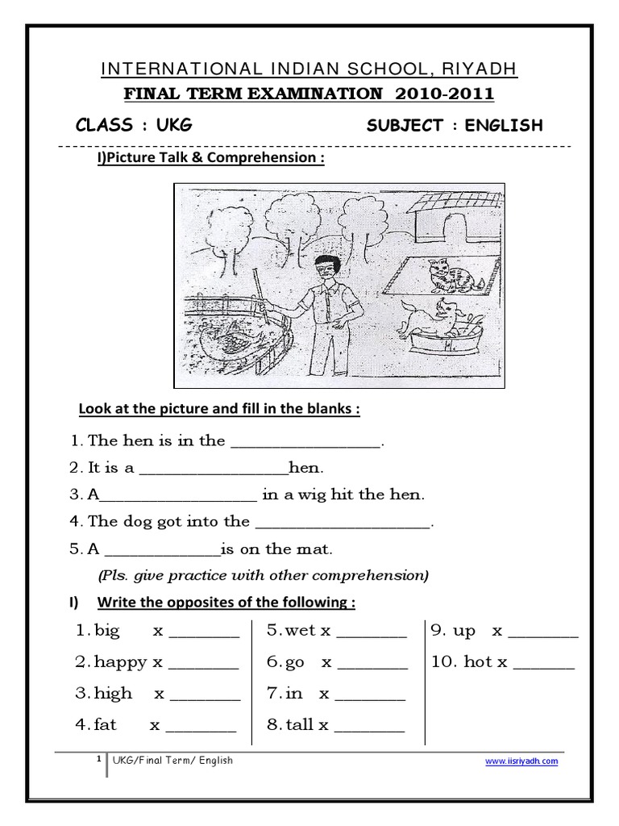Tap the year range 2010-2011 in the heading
coord(445,94)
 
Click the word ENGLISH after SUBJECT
coord(505,125)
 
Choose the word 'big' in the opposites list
coord(107,631)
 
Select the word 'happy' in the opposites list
coord(121,662)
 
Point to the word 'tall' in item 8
coord(300,724)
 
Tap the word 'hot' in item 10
coord(478,662)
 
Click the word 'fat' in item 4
coord(106,724)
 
